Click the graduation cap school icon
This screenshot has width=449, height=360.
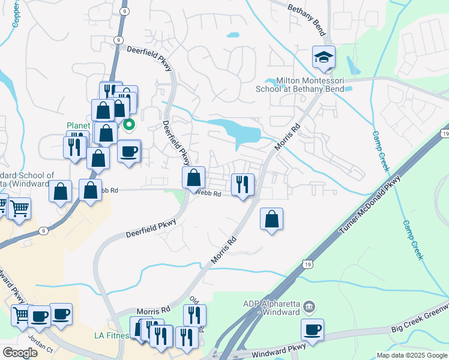(324, 58)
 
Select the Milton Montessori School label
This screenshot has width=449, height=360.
(309, 85)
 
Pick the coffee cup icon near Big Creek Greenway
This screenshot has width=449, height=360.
(313, 329)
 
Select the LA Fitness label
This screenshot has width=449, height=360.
(112, 335)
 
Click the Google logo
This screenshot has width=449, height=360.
(20, 353)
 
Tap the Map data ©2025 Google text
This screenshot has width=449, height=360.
(411, 355)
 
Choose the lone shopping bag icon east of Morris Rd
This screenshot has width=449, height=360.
(272, 219)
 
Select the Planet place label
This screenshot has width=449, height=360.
(78, 126)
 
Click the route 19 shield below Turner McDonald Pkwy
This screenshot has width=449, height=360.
(307, 263)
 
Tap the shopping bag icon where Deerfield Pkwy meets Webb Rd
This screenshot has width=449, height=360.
(193, 178)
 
